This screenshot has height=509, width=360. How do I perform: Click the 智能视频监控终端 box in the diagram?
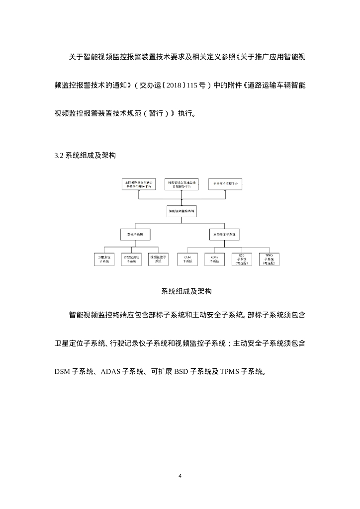click(181, 211)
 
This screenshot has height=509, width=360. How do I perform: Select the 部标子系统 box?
click(135, 233)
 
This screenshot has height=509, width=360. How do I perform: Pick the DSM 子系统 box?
click(187, 258)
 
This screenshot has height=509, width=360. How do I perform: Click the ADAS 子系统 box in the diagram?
click(215, 258)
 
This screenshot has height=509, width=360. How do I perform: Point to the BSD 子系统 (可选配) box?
click(242, 258)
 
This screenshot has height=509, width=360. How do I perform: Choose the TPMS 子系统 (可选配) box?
click(269, 258)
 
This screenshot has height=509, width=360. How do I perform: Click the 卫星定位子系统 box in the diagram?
click(104, 258)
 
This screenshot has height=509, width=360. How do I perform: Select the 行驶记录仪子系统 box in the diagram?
click(131, 258)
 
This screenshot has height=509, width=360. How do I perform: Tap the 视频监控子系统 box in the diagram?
click(159, 258)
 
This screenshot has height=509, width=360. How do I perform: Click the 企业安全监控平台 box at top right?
click(226, 183)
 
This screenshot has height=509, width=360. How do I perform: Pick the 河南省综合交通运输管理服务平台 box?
click(181, 183)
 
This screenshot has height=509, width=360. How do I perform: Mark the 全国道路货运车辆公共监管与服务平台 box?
click(139, 183)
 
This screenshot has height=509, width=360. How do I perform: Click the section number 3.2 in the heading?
click(59, 156)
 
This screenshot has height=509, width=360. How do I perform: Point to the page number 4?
click(180, 476)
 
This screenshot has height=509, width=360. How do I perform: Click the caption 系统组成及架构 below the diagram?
click(180, 291)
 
